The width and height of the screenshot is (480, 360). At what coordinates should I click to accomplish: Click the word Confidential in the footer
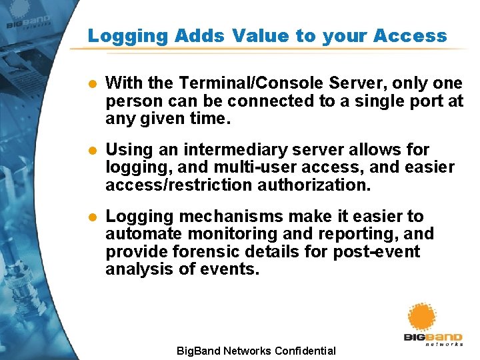click(304, 351)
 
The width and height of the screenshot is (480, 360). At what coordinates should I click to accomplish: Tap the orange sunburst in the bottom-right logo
click(421, 319)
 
